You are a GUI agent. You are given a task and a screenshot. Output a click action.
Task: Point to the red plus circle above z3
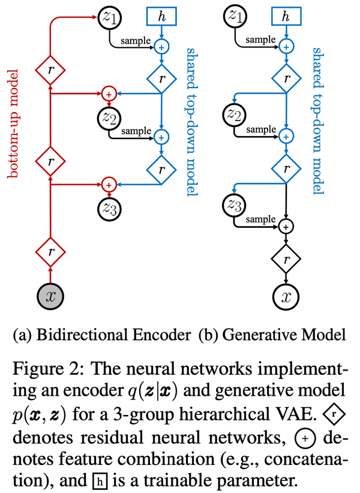tap(109, 184)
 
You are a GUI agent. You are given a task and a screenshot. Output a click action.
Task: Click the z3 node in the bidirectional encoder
tap(109, 209)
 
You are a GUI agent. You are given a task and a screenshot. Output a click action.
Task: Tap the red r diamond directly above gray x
tap(50, 252)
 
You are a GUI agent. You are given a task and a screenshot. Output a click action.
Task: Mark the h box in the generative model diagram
tap(286, 17)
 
